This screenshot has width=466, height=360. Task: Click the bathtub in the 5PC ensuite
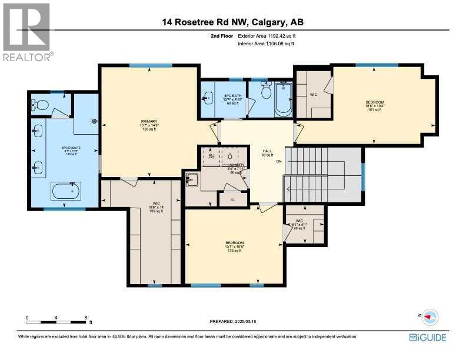click(65, 192)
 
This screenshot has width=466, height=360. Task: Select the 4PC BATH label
click(233, 96)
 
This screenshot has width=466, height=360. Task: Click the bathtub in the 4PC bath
click(283, 99)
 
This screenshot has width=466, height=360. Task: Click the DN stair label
click(279, 162)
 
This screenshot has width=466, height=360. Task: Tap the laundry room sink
click(191, 180)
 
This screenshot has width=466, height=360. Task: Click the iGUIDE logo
click(427, 338)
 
